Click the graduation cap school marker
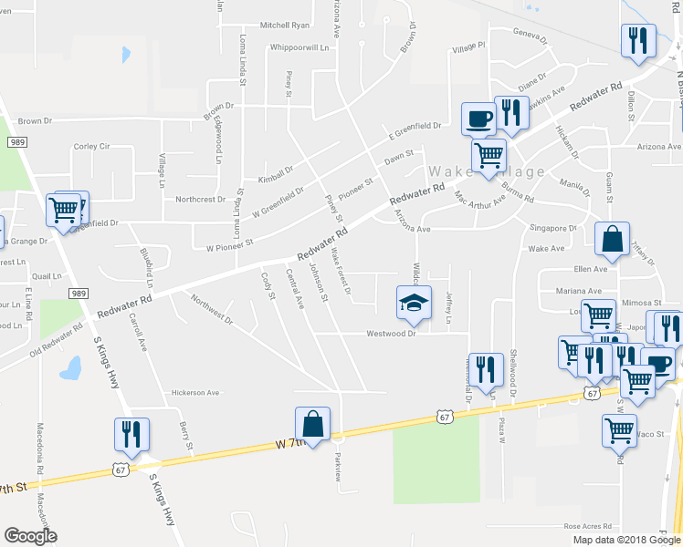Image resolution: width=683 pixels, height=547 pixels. click(414, 302)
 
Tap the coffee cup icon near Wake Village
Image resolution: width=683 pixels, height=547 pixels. click(479, 118)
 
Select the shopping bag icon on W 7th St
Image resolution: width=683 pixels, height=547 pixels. click(312, 424)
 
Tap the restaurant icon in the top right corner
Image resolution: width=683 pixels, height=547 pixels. click(637, 40)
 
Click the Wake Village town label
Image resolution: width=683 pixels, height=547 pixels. click(487, 171)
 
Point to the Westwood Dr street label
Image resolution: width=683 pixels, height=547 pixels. click(392, 334)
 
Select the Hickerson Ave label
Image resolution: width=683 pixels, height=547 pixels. click(196, 393)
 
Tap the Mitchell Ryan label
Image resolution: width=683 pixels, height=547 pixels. click(286, 26)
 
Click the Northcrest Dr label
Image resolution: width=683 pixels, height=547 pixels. click(201, 199)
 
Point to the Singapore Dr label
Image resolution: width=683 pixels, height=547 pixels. click(553, 228)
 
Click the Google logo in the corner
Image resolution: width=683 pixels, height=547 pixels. click(30, 536)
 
